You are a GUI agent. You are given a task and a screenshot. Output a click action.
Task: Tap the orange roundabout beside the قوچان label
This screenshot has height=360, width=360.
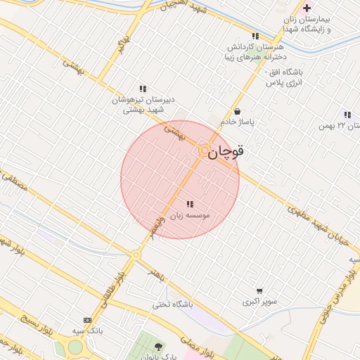(x=204, y=150)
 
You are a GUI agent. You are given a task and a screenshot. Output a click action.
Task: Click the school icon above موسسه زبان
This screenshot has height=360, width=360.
(x=190, y=204)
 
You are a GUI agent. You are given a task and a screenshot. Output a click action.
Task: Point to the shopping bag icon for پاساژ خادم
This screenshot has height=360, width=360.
(x=237, y=111)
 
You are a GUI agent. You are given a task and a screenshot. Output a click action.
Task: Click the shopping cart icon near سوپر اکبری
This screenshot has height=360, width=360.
(x=260, y=291)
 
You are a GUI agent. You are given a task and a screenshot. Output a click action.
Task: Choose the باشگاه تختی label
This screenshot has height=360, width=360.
(x=173, y=304)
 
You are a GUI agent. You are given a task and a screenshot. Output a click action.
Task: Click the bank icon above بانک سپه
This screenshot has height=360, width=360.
(x=87, y=320)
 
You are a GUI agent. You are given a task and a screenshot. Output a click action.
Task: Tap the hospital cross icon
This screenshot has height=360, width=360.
(x=307, y=8)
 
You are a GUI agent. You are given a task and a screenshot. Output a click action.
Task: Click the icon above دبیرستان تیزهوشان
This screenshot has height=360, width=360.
(x=143, y=89)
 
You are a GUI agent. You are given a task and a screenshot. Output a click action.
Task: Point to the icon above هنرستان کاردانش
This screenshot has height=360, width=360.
(x=255, y=35)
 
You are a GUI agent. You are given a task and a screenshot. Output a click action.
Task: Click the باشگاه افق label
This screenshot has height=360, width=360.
(x=285, y=77)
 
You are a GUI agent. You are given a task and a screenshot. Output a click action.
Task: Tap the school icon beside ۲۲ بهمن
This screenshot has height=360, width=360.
(x=347, y=115)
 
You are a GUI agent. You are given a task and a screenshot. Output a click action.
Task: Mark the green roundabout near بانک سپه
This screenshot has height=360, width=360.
(x=75, y=347)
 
